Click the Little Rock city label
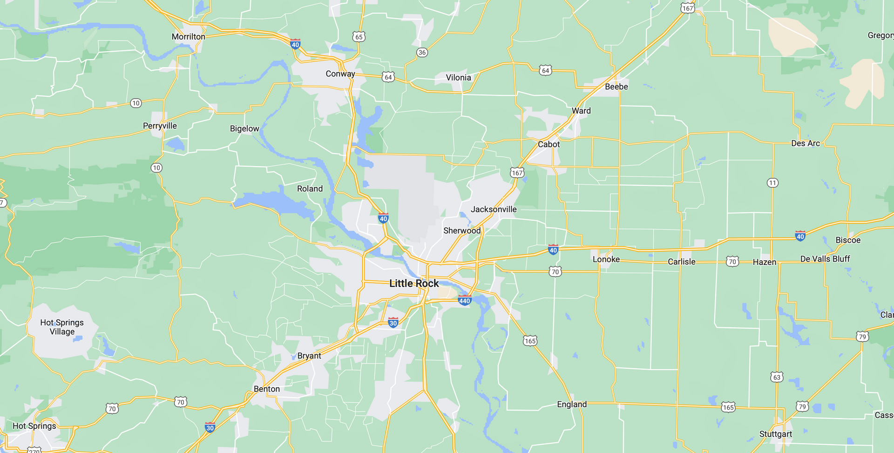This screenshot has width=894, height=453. [x=414, y=284]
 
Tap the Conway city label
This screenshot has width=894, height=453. [x=340, y=74]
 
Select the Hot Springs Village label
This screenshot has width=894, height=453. [x=62, y=327]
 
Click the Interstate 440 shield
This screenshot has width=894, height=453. [x=465, y=300]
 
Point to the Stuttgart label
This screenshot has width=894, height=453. [x=775, y=434]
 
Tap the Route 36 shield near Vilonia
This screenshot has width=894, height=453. [x=422, y=52]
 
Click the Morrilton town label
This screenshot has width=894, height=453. [x=188, y=37]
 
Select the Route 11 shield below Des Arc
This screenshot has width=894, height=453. [x=772, y=183]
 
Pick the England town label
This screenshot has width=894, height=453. [x=572, y=404]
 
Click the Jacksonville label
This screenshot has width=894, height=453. [x=494, y=209]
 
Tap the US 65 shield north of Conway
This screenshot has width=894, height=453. [x=359, y=37]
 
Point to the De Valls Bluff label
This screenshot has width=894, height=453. [x=825, y=259]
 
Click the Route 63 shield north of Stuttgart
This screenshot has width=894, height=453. [x=777, y=377]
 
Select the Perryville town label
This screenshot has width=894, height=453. [x=160, y=126]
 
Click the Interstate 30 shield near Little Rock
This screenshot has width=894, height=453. [x=393, y=323]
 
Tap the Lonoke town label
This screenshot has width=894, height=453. [x=606, y=259]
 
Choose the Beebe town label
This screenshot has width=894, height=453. [x=616, y=87]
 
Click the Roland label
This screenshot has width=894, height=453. [x=310, y=189]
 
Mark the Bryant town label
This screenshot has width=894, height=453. [x=309, y=356]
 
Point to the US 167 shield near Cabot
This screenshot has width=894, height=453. [x=517, y=173]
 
